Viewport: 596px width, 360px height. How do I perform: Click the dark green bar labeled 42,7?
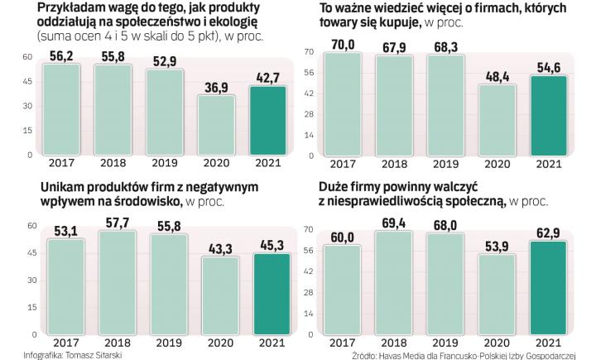(x=271, y=120)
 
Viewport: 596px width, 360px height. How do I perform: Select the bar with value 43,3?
(x=220, y=295)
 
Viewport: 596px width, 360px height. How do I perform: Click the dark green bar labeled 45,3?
(x=271, y=294)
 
